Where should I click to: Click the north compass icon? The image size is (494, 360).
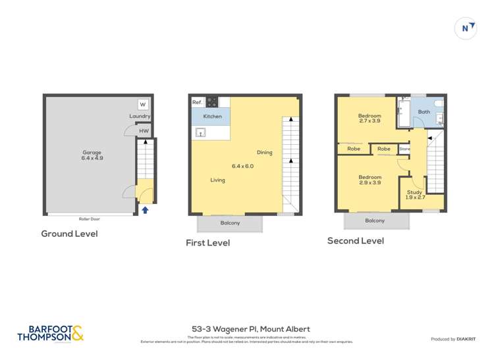pyautogui.click(x=466, y=28)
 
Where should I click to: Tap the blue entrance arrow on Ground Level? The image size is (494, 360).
pyautogui.click(x=145, y=211)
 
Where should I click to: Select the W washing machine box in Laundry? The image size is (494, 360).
pyautogui.click(x=143, y=105)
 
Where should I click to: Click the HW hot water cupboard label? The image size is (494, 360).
pyautogui.click(x=144, y=131)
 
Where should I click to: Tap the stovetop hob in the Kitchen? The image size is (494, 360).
pyautogui.click(x=212, y=102)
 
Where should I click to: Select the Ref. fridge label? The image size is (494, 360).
pyautogui.click(x=197, y=102)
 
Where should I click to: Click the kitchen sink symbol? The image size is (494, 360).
pyautogui.click(x=200, y=132)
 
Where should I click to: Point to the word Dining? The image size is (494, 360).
pyautogui.click(x=264, y=153)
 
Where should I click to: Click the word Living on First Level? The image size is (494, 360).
pyautogui.click(x=217, y=180)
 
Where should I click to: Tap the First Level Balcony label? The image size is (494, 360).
pyautogui.click(x=230, y=223)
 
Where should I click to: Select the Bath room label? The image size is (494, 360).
pyautogui.click(x=424, y=112)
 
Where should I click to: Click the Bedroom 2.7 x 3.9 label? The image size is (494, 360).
pyautogui.click(x=370, y=118)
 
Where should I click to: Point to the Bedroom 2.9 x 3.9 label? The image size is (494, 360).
pyautogui.click(x=370, y=180)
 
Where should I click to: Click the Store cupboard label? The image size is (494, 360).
pyautogui.click(x=404, y=149)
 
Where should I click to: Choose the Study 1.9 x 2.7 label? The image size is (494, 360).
pyautogui.click(x=414, y=195)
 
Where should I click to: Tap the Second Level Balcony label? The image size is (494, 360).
pyautogui.click(x=375, y=220)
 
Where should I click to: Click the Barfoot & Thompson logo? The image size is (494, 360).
pyautogui.click(x=51, y=333)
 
